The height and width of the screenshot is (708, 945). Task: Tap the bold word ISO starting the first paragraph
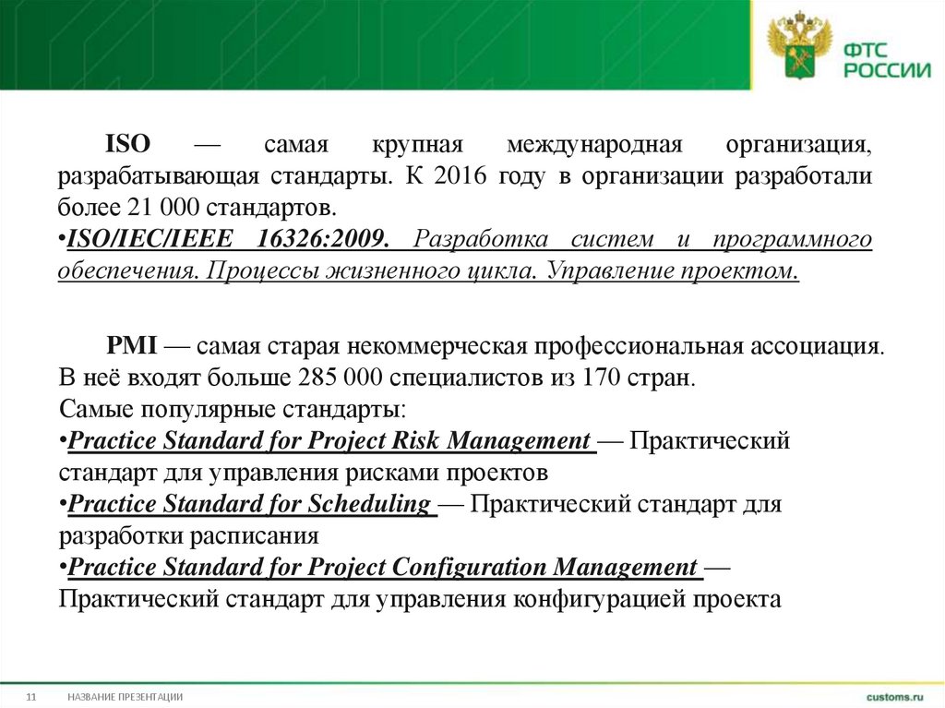(x=127, y=146)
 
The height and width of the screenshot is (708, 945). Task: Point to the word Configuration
(x=472, y=566)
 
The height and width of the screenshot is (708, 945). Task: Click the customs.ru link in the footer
(x=894, y=694)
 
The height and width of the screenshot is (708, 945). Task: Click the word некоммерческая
(x=437, y=347)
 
